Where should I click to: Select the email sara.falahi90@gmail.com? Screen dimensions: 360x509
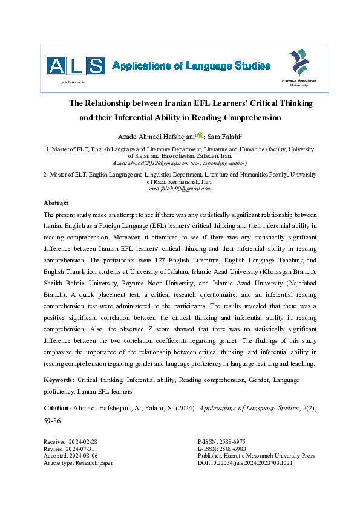[x=180, y=189]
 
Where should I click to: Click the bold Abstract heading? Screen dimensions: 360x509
[x=56, y=203]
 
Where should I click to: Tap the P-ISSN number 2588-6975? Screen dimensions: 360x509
[x=232, y=442]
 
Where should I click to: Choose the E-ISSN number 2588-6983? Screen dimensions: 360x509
[x=232, y=449]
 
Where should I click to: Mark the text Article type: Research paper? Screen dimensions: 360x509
[x=79, y=464]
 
